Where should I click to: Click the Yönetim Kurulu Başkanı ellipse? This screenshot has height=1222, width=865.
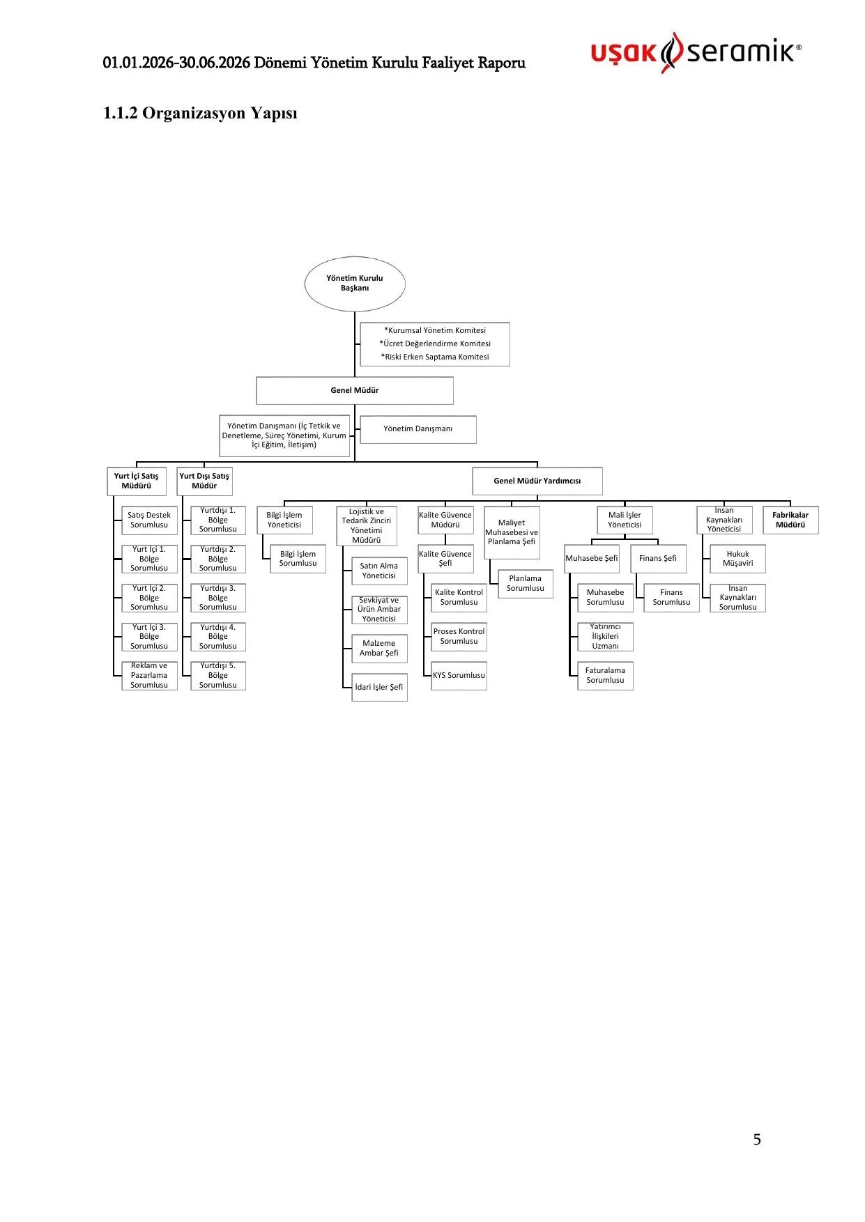tap(355, 284)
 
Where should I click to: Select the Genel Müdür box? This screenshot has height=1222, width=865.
tap(355, 391)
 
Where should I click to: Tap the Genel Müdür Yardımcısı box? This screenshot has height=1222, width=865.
tap(537, 481)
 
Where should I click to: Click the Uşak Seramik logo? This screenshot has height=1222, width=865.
tap(696, 52)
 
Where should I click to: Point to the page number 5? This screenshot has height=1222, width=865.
tap(757, 1140)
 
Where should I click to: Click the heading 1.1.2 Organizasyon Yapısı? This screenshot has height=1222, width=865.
tap(200, 114)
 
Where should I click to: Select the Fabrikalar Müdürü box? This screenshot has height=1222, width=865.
tap(790, 520)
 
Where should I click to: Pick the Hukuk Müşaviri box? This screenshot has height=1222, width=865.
tap(737, 559)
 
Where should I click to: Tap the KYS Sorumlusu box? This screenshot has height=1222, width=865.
tap(459, 676)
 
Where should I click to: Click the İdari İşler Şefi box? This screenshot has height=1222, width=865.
tap(379, 688)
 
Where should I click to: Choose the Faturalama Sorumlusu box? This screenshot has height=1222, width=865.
tap(605, 676)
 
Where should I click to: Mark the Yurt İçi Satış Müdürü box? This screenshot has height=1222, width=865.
tap(137, 481)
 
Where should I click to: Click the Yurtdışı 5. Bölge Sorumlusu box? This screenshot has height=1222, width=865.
tap(218, 676)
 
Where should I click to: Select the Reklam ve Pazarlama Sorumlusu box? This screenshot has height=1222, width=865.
tap(149, 676)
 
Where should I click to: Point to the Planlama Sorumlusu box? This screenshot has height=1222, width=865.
tap(526, 584)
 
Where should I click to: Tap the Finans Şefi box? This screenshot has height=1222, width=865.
tap(658, 559)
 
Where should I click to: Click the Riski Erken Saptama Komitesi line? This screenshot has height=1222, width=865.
tap(435, 357)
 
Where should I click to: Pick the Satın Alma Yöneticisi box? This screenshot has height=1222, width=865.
tap(379, 571)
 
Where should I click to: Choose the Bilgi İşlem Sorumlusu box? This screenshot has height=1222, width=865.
tap(298, 559)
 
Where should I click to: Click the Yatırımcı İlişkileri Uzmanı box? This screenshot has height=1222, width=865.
tap(605, 637)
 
